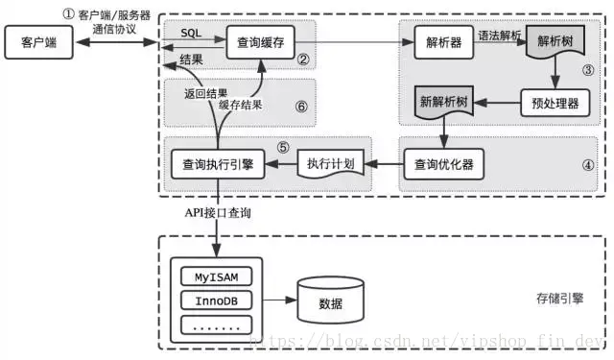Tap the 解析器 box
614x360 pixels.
click(x=444, y=42)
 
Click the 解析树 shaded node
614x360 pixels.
click(x=557, y=43)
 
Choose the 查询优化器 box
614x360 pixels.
click(x=442, y=164)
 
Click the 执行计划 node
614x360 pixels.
click(x=331, y=164)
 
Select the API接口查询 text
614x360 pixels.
click(x=218, y=212)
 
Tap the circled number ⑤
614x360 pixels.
click(x=283, y=148)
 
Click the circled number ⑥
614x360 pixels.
click(x=300, y=107)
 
